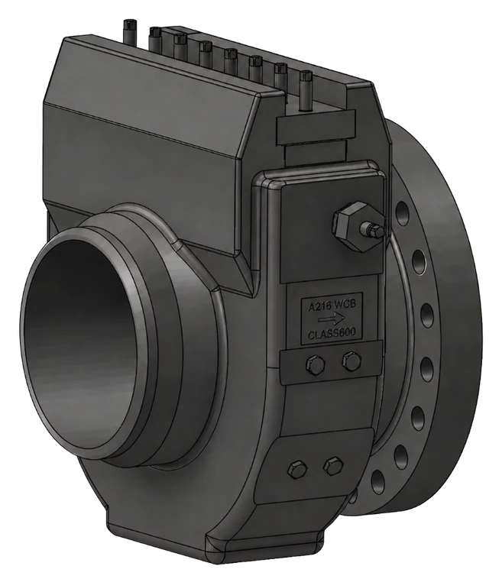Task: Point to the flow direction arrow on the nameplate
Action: click(x=332, y=319)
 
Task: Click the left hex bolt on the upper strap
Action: click(x=315, y=364)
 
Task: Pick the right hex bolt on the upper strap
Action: click(x=351, y=361)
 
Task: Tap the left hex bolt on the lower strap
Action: click(x=297, y=469)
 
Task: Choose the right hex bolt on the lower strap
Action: click(x=333, y=466)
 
